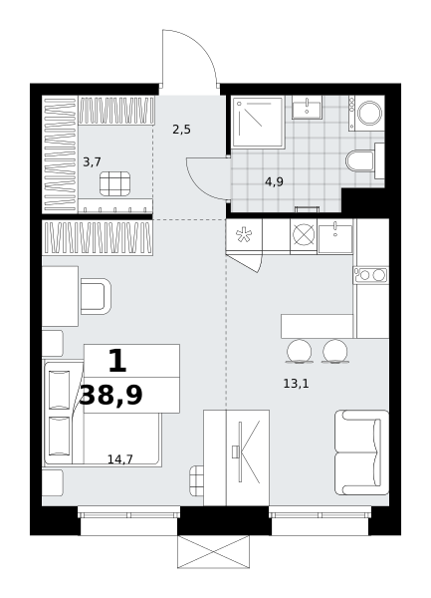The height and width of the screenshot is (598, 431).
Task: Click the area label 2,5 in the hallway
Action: pos(181,130)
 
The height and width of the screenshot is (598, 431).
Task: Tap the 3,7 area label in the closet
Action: pos(92,162)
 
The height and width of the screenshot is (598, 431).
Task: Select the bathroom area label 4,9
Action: pos(274,182)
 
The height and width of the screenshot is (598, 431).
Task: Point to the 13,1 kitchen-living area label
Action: pos(296,384)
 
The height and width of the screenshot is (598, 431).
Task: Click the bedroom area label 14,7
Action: pos(119,459)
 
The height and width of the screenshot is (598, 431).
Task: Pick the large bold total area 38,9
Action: pos(111,396)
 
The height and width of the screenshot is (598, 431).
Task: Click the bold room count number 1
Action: pos(117,361)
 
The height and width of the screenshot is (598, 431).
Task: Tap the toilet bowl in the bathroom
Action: pos(360,160)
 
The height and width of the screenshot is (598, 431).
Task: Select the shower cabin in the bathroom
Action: pos(258,122)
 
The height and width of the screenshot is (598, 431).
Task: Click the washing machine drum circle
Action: pos(369,113)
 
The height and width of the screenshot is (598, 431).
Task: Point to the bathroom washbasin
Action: pos(307,108)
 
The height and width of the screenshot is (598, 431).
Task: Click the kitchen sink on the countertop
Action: pos(335,239)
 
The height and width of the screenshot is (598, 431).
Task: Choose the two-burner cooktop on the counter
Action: pos(371,275)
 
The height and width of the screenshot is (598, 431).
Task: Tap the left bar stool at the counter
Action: pos(299,352)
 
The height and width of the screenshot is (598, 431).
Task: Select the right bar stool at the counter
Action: pos(335,352)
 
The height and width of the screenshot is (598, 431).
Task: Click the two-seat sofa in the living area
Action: pos(361,452)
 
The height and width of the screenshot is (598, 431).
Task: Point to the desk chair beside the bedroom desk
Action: pos(96,296)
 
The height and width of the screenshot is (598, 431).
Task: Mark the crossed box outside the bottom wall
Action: pos(214,551)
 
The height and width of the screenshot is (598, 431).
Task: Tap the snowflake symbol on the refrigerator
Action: pos(242,235)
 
